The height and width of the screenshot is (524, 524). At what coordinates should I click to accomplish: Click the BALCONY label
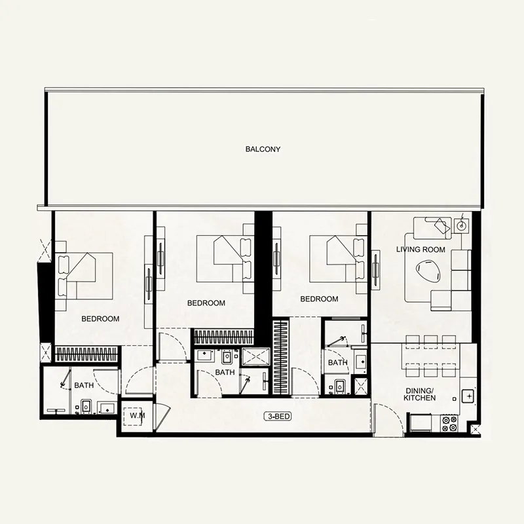pyautogui.click(x=263, y=149)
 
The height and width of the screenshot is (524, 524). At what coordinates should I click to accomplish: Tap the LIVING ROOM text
pyautogui.click(x=421, y=250)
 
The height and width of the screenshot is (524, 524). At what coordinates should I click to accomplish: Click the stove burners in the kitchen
pyautogui.click(x=449, y=424)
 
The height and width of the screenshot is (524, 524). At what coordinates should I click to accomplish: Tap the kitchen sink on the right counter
pyautogui.click(x=468, y=396)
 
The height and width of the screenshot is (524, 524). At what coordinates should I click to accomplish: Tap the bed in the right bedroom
pyautogui.click(x=338, y=256)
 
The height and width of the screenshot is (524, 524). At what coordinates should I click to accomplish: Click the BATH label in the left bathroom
pyautogui.click(x=84, y=386)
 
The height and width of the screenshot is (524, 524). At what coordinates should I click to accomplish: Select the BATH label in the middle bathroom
pyautogui.click(x=225, y=373)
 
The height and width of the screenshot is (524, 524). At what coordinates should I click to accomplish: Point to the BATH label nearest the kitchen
pyautogui.click(x=338, y=362)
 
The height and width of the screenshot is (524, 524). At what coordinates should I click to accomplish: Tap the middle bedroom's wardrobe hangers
pyautogui.click(x=223, y=337)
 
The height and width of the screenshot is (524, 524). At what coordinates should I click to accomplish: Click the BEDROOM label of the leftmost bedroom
pyautogui.click(x=100, y=319)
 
